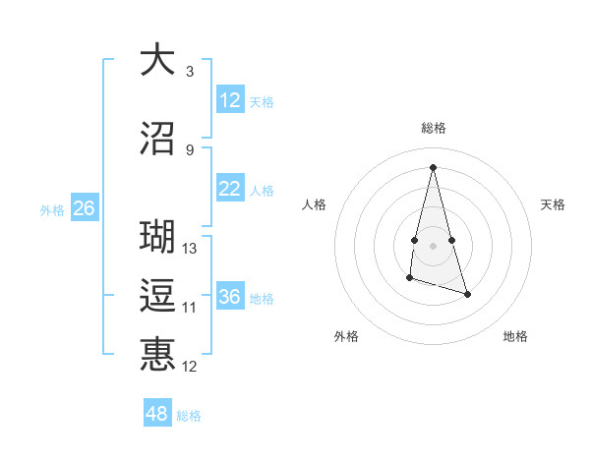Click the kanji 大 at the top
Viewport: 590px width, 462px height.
157,60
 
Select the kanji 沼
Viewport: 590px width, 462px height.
157,139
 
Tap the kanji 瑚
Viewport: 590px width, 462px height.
157,237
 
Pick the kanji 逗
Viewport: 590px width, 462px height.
157,296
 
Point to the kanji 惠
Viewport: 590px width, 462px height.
157,355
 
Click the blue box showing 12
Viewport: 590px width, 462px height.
230,100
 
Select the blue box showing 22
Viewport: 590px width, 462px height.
230,189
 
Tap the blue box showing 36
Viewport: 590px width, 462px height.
230,297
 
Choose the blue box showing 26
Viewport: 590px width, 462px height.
84,208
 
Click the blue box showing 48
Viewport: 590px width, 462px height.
157,414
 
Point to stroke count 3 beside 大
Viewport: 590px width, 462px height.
190,72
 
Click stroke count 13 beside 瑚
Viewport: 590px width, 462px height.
190,249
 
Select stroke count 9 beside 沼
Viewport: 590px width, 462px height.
190,150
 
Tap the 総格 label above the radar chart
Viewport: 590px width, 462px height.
434,128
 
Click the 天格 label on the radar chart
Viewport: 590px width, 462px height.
554,204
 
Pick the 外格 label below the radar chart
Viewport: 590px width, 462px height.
346,336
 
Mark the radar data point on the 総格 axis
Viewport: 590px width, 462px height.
434,166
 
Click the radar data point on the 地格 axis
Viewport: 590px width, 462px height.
467,295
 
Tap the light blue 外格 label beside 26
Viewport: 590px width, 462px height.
51,209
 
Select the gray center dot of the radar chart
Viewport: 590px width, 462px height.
434,231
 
